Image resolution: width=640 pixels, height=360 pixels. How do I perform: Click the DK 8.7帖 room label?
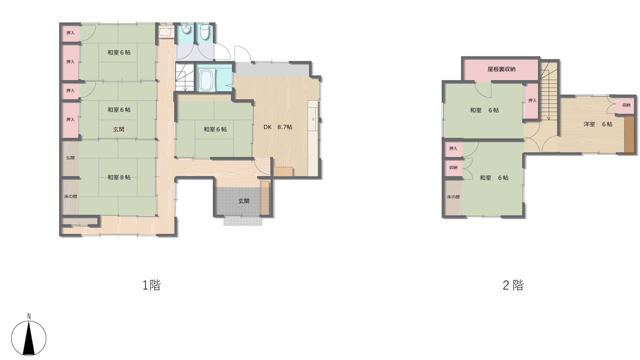pos(277,127)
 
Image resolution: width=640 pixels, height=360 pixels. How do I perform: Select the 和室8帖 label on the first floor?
pos(119,177)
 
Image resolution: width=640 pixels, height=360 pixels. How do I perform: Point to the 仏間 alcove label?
pos(70,157)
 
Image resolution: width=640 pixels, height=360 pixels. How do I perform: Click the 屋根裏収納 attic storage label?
pos(501,69)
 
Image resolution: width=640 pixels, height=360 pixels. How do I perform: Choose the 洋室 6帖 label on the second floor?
pos(597,124)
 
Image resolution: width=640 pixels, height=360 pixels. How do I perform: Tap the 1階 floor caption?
pos(151,285)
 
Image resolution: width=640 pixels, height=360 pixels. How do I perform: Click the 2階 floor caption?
pos(513,285)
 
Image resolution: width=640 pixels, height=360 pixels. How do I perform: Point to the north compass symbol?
pos(28,338)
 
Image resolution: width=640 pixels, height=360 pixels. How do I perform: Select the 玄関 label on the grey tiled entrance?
pos(243,201)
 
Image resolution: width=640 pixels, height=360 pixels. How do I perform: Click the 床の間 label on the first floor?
pos(70,196)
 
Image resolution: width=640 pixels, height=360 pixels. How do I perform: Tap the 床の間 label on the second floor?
pos(453,197)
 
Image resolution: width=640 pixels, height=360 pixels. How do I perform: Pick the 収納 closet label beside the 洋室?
pos(626,105)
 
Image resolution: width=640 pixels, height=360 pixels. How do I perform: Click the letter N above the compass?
pos(29,316)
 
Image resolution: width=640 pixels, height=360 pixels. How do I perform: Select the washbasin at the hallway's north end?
pos(166,31)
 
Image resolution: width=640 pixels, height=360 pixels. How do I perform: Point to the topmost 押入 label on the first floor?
pos(70,33)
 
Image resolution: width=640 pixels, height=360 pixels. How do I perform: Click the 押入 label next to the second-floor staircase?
pos(532,100)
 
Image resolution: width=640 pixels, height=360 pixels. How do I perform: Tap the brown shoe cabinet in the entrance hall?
pos(265,197)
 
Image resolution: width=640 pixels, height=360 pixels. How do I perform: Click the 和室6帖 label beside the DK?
pos(215,129)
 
